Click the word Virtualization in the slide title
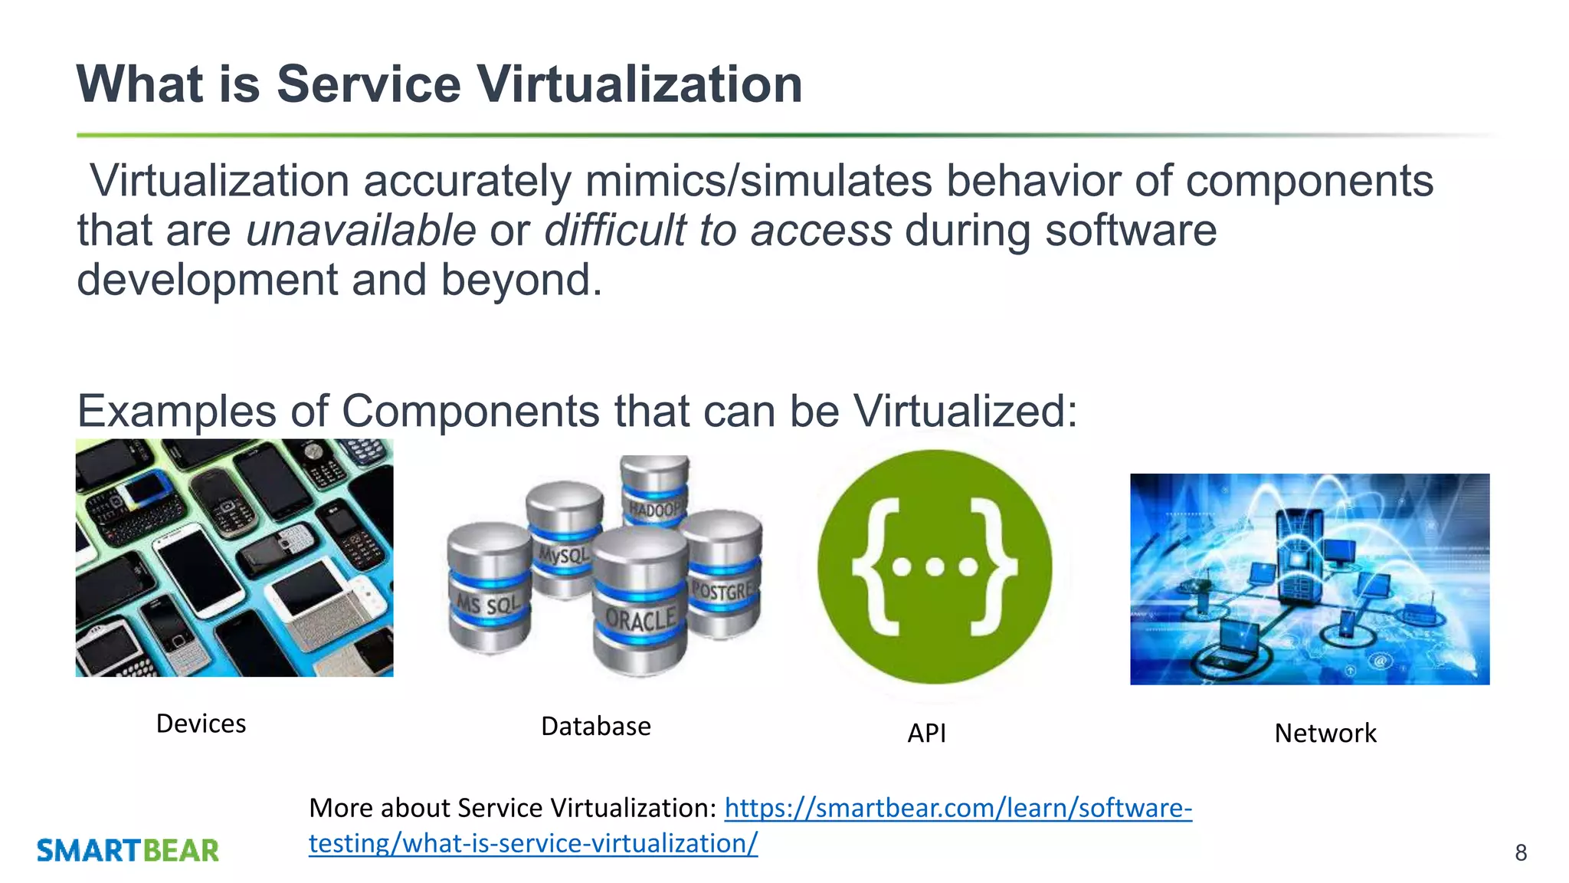640,84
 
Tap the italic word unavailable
361,231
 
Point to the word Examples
176,412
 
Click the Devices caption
201,724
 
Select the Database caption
595,726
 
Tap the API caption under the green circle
926,734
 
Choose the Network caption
1325,734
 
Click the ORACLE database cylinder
640,606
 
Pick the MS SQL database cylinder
489,590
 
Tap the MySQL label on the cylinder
564,553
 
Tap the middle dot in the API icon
935,567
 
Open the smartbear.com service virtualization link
958,808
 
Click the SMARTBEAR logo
128,851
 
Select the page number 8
1521,852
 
